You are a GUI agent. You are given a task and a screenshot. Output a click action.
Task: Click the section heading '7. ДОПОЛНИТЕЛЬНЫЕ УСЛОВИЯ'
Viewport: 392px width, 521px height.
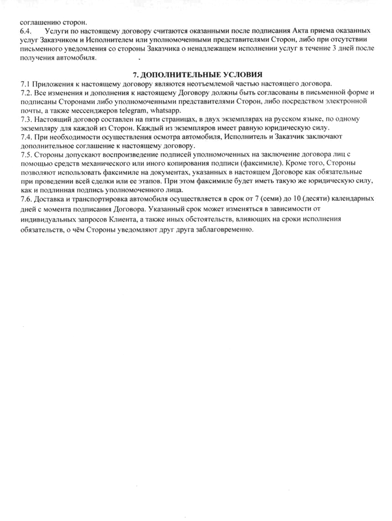click(198, 75)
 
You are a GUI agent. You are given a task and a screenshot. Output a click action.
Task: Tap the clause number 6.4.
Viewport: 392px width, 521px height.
click(26, 31)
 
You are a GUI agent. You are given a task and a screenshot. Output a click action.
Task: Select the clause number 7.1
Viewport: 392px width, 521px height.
click(25, 84)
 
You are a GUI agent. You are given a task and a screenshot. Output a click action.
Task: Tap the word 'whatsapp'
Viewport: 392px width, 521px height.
click(166, 110)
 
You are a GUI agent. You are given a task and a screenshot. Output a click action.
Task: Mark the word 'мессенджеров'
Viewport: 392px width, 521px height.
click(95, 110)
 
